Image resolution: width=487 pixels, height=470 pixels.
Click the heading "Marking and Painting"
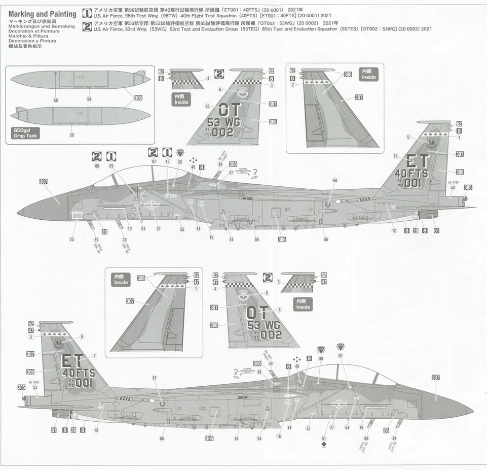pyautogui.click(x=42, y=14)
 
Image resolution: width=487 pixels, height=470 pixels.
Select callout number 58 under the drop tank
pyautogui.click(x=56, y=100)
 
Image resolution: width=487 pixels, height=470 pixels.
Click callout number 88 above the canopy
pyautogui.click(x=97, y=166)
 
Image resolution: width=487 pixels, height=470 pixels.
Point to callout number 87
pyautogui.click(x=154, y=161)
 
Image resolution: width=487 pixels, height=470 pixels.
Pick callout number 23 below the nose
pyautogui.click(x=71, y=240)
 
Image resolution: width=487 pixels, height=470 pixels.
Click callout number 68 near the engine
pyautogui.click(x=335, y=180)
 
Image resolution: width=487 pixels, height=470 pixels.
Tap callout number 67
pyautogui.click(x=155, y=378)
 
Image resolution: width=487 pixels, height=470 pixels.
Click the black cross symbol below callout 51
pyautogui.click(x=324, y=446)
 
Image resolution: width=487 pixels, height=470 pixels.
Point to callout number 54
pyautogui.click(x=347, y=427)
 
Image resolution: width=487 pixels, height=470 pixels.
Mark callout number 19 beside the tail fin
pyautogui.click(x=395, y=156)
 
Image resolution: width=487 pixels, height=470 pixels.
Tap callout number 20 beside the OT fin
pyautogui.click(x=207, y=106)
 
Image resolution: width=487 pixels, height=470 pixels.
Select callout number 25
pyautogui.click(x=111, y=166)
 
